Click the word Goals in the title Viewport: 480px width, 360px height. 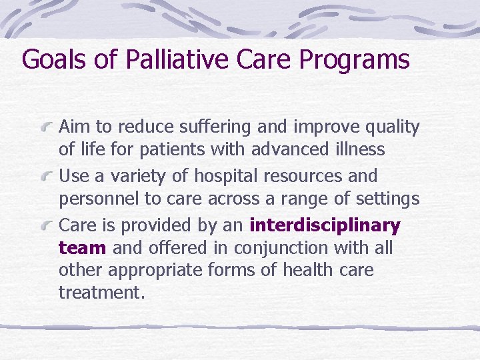point(55,59)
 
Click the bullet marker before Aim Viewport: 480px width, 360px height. point(46,127)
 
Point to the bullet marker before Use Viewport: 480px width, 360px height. point(46,177)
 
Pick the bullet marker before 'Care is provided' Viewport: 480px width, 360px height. point(46,226)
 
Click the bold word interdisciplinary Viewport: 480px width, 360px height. point(325,226)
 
